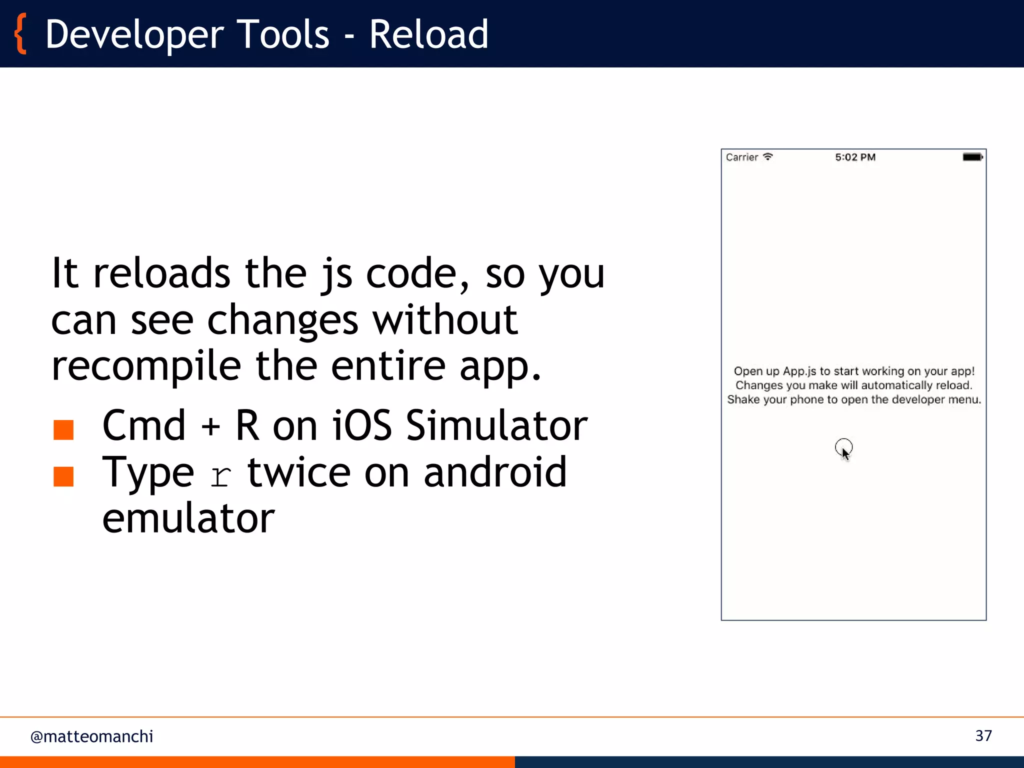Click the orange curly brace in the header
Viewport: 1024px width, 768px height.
point(20,34)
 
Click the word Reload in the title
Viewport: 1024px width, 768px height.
point(428,34)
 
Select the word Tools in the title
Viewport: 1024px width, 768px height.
point(282,34)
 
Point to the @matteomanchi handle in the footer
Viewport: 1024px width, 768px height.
point(91,736)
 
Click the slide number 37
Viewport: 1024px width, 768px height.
point(983,735)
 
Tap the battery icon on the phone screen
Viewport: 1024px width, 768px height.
point(972,157)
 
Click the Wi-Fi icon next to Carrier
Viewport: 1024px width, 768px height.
point(768,156)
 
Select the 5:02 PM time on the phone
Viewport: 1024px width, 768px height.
point(855,157)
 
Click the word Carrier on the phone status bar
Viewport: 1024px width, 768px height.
point(742,157)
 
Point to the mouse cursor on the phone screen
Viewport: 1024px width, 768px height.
point(844,450)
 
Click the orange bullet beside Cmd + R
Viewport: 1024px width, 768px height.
point(63,429)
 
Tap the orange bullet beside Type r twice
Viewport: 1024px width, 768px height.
point(63,476)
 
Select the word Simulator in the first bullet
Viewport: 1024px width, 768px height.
point(496,425)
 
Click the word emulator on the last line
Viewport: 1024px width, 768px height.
point(188,518)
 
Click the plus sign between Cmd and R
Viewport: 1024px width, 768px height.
point(210,426)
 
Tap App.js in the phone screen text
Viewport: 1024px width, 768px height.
point(799,371)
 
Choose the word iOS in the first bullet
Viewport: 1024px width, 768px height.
point(362,425)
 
